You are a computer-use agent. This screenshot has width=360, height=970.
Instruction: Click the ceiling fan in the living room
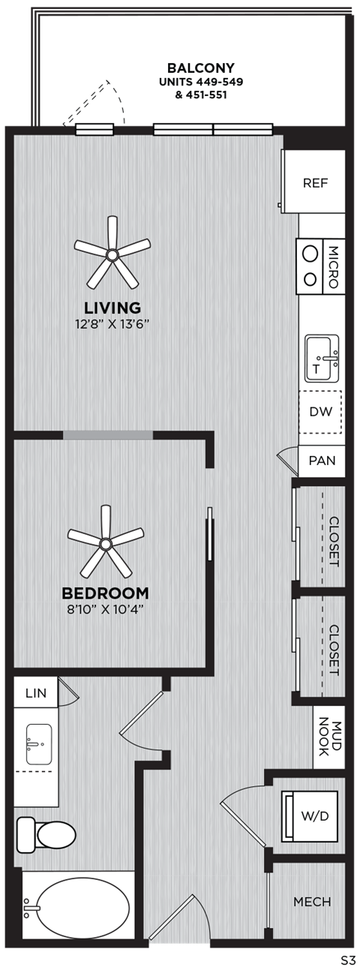coord(112,255)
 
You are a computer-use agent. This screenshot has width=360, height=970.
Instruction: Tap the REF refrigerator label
coord(313,183)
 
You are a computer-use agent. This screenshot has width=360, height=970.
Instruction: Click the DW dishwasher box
coord(322,411)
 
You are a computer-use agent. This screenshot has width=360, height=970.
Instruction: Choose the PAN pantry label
coord(322,461)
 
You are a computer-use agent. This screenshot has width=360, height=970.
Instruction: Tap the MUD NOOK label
coord(329,739)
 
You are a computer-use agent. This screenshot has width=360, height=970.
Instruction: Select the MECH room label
coord(313,902)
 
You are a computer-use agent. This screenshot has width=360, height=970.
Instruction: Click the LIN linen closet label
coord(35,693)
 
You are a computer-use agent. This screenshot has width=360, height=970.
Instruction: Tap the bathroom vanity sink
coord(37,740)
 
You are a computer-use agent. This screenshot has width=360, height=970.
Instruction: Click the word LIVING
coord(112,308)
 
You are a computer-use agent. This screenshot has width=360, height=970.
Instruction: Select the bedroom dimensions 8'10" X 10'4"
coord(104,608)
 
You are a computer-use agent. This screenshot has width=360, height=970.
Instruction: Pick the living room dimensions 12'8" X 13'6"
coord(112,324)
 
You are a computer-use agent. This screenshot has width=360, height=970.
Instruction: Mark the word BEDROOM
coord(105,593)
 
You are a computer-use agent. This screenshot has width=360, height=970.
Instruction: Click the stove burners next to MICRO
coord(309,266)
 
